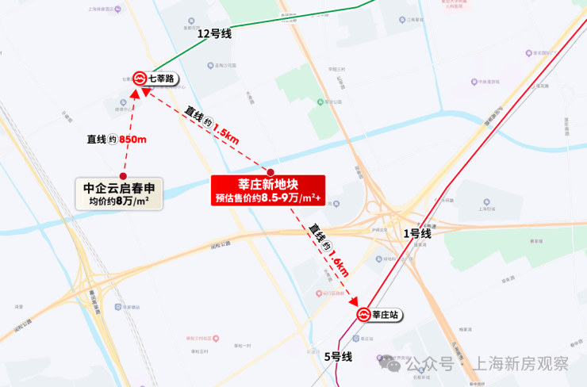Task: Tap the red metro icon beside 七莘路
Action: tap(140, 78)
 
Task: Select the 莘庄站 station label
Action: tap(386, 315)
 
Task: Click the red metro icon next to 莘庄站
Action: tap(364, 315)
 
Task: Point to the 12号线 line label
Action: tap(214, 33)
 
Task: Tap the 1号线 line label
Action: tap(417, 233)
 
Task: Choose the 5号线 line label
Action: tap(338, 357)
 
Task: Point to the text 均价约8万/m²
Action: tap(120, 202)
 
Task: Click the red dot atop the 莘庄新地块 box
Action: tap(270, 172)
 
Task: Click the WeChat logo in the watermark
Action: tap(392, 366)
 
